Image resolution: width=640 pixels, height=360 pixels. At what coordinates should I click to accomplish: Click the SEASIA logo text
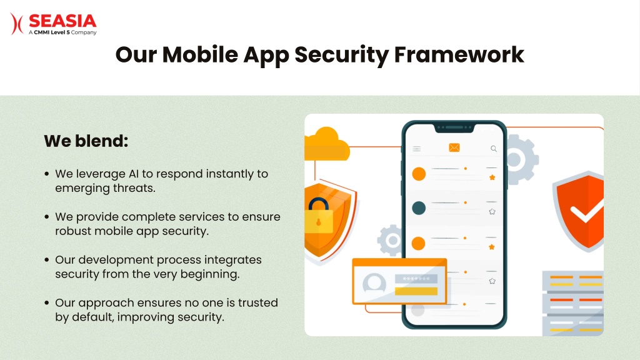[x=62, y=21]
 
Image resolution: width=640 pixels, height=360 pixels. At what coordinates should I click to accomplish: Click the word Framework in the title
[x=459, y=54]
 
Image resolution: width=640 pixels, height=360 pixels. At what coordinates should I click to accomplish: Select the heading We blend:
[x=86, y=141]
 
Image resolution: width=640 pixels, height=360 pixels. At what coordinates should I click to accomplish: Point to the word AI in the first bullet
[x=134, y=174]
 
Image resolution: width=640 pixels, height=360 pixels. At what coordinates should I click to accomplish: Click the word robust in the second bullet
[x=73, y=231]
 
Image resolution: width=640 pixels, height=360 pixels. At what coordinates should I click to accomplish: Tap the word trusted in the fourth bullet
[x=258, y=303]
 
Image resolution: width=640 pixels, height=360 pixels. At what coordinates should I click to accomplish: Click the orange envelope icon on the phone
[x=454, y=147]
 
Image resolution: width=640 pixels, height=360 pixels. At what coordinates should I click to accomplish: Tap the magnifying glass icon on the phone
[x=494, y=149]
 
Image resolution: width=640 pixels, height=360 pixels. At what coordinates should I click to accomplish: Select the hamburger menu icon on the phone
[x=416, y=149]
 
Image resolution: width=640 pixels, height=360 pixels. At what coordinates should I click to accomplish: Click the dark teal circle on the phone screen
[x=419, y=208]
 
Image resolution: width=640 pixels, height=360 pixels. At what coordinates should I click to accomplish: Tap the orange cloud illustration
[x=326, y=144]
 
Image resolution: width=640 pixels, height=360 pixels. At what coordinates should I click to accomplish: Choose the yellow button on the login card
[x=416, y=291]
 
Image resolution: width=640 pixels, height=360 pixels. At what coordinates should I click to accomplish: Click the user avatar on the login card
[x=374, y=282]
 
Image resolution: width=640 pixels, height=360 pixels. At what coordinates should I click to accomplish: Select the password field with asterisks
[x=416, y=279]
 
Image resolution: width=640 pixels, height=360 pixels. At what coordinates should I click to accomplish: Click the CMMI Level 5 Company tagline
[x=62, y=32]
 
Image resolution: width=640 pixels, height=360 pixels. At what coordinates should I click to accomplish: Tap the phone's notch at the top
[x=454, y=128]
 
